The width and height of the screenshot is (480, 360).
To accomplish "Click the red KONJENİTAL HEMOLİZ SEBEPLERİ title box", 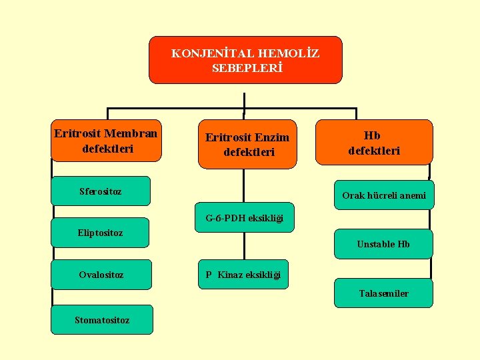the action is click(x=245, y=60).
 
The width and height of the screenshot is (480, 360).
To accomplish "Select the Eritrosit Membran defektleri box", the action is click(x=107, y=141).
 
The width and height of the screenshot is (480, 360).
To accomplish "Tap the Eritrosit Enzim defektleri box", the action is click(x=247, y=145).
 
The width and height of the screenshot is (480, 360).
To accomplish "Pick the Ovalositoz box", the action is click(x=101, y=274).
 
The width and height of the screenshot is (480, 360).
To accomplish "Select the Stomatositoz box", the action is click(x=102, y=320).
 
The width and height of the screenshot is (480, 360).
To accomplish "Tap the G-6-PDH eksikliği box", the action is click(x=244, y=217).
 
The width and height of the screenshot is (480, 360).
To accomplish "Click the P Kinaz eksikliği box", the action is click(x=243, y=275).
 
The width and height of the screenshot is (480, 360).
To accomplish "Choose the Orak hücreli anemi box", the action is click(x=383, y=195).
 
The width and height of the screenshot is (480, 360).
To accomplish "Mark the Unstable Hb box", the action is click(x=383, y=244).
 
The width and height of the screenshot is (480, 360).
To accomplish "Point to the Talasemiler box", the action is click(x=383, y=293).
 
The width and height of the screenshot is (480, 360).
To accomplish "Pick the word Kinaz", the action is click(x=229, y=275).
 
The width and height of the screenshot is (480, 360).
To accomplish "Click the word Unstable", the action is click(x=376, y=244).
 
